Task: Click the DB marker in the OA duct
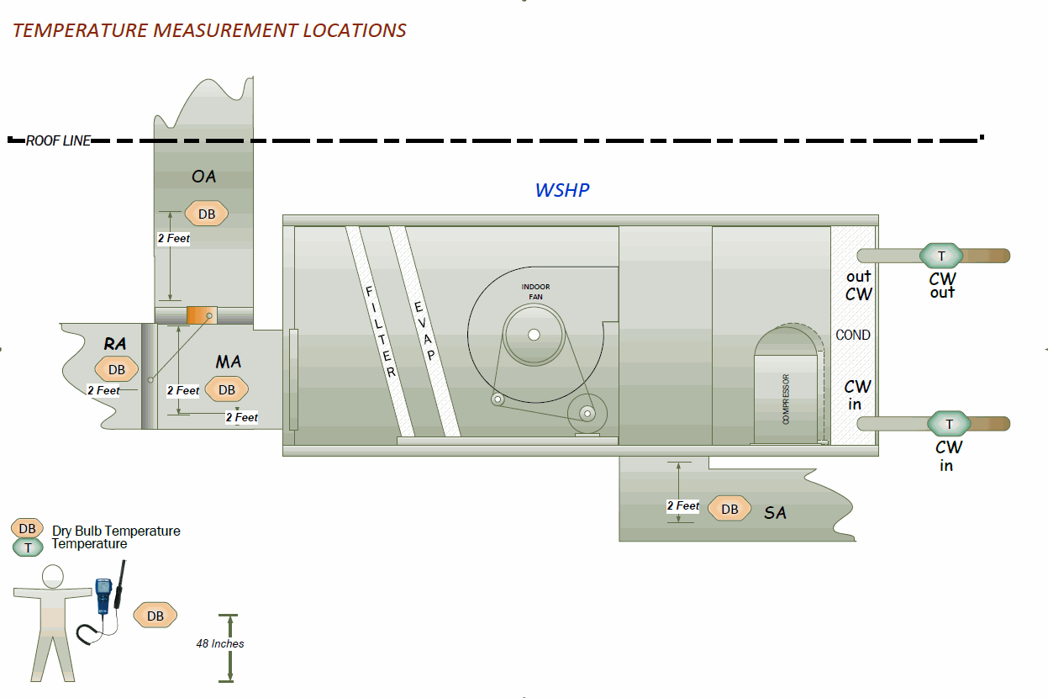point(206,214)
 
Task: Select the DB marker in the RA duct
point(116,369)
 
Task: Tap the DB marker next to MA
point(227,389)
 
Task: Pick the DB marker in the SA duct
point(729,509)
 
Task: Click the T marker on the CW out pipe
point(941,256)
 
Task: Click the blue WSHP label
point(562,190)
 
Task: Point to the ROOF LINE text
point(58,141)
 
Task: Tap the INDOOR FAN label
point(535,292)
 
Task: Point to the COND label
point(853,335)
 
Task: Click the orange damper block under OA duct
point(202,315)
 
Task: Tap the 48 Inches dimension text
point(220,643)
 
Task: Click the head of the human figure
point(52,576)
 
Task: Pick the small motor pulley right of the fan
point(586,414)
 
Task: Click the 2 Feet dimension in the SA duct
point(682,505)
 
